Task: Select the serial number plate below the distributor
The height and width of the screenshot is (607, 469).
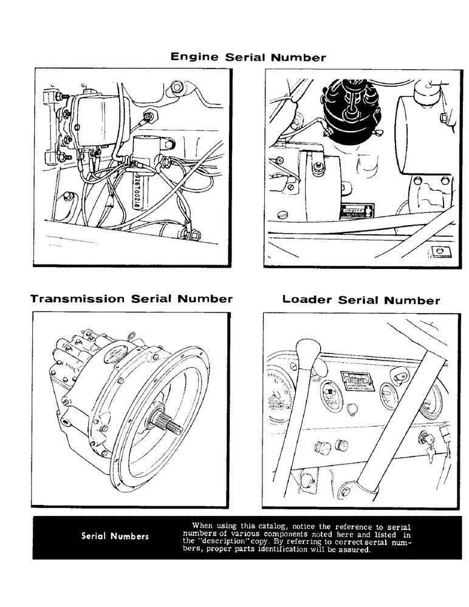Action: (354, 209)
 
